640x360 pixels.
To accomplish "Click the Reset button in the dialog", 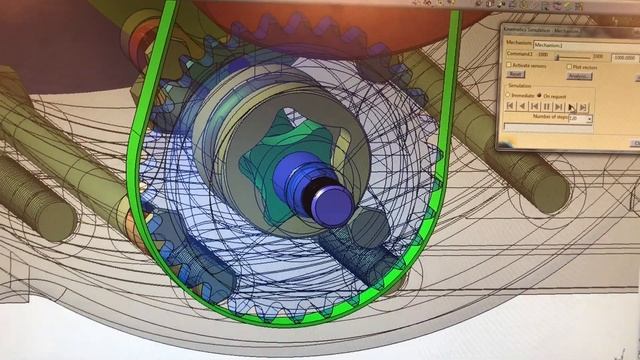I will (516, 75).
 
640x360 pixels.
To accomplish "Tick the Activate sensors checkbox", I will (510, 65).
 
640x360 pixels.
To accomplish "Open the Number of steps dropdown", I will (590, 119).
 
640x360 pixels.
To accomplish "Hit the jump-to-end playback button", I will (583, 106).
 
